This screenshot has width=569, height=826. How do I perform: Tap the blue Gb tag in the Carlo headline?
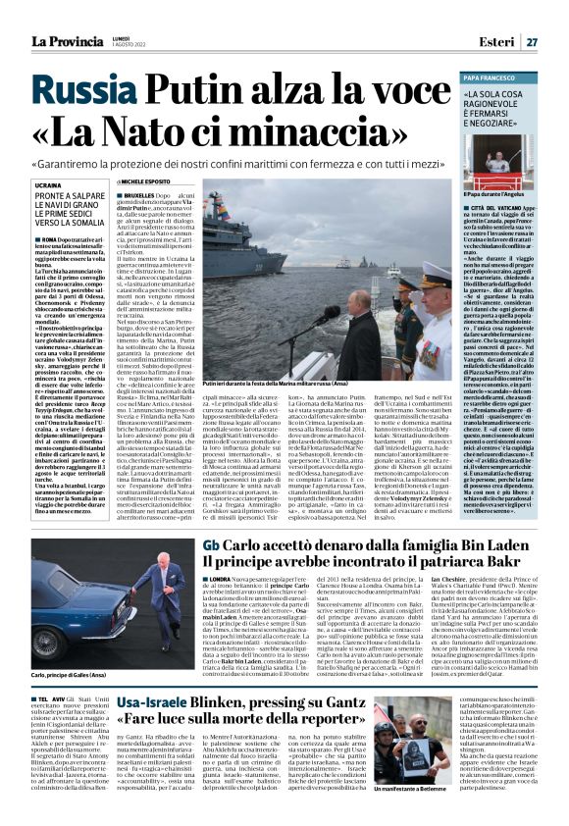211,545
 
